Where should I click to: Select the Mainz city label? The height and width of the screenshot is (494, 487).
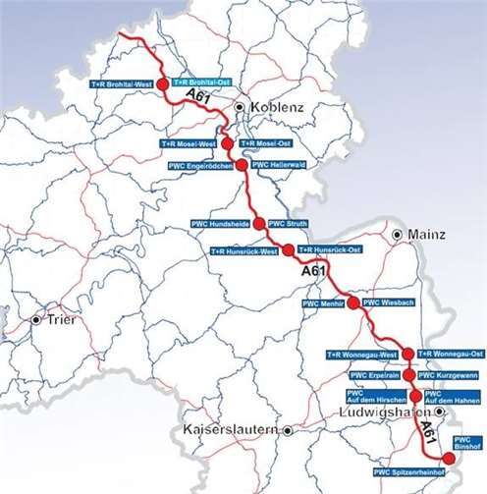pos(424,236)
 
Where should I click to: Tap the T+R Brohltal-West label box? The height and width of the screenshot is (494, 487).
pos(121,83)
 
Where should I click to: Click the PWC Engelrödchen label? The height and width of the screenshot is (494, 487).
pos(200,165)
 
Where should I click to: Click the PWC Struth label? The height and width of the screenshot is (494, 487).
pos(289,224)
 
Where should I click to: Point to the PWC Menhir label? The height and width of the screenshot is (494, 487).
pos(325,303)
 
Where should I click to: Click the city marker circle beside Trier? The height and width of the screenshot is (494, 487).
pos(36,320)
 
